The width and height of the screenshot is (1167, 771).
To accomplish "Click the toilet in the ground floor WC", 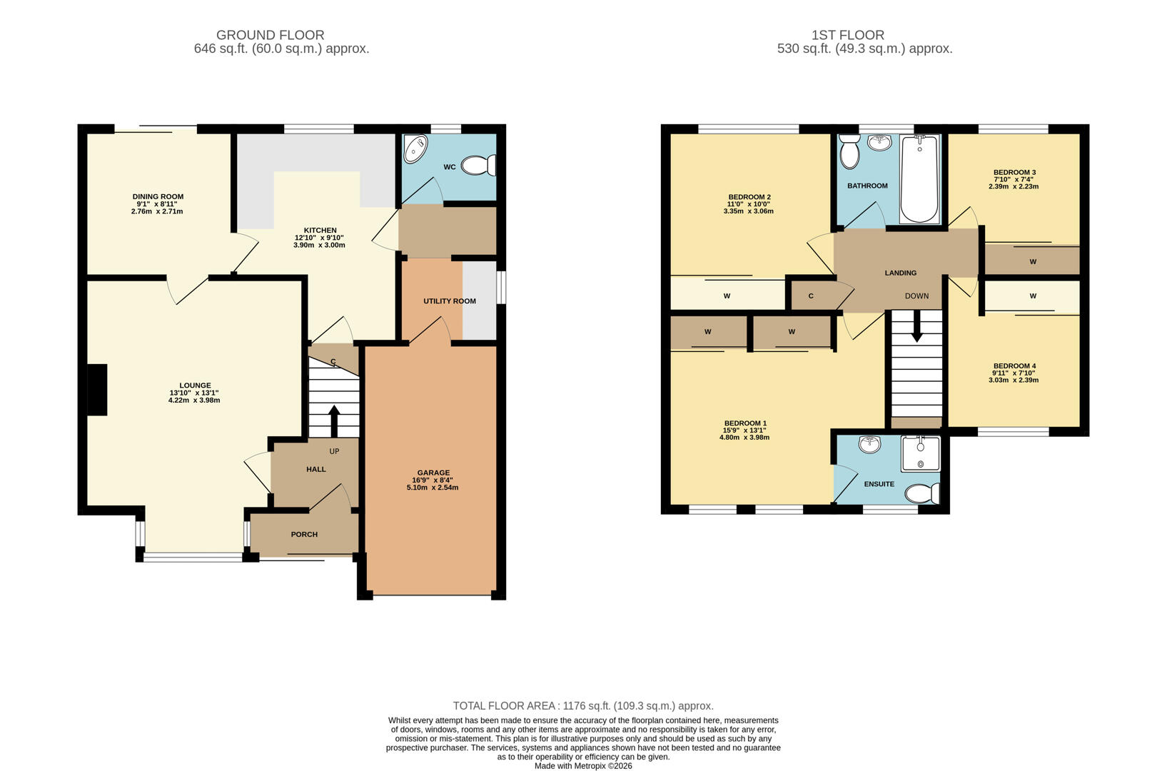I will click(478, 166).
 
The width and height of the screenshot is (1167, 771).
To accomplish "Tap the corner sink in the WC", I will click(413, 150).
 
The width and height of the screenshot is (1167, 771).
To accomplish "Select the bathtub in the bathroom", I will click(919, 179).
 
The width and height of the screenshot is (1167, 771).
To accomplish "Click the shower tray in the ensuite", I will click(920, 454).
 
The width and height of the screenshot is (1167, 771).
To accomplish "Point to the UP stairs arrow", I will click(333, 420).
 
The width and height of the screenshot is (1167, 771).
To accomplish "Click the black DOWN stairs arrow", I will click(917, 327).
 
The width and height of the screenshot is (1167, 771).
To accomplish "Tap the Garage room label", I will click(433, 473).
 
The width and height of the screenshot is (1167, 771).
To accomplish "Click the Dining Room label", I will click(158, 196).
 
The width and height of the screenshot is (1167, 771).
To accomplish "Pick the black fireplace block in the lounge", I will click(96, 389).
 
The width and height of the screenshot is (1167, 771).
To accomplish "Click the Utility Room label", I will click(450, 301).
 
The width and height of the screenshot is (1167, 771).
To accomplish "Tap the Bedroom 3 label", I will click(1014, 172).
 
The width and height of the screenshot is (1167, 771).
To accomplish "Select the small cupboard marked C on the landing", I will click(812, 296).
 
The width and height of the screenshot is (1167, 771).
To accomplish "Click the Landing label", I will click(900, 273).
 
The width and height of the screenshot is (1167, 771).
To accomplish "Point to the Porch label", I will click(304, 534).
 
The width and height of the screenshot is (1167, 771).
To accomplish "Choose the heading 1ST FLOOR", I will click(847, 35).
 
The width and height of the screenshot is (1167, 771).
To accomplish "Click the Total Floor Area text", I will click(583, 706).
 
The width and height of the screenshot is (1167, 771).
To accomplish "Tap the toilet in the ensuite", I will click(923, 493).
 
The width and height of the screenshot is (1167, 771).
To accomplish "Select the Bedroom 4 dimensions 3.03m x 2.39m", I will click(1014, 381).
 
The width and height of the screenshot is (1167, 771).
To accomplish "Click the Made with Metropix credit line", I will click(583, 766).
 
